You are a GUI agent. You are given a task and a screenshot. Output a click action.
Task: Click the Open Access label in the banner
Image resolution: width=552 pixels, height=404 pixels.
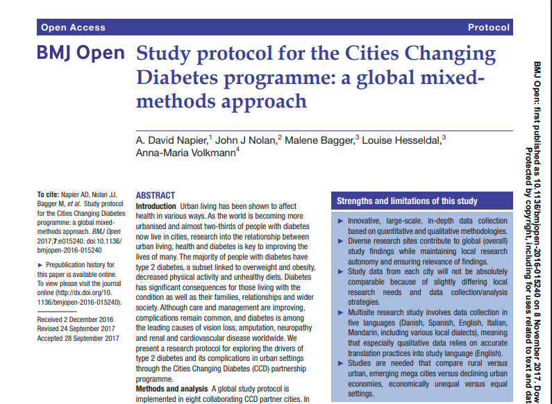point(73,28)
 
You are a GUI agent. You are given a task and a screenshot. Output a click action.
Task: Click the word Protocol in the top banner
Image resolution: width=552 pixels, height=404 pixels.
point(488,28)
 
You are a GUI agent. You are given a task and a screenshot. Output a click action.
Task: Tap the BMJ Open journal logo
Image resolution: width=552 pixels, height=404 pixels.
point(81,53)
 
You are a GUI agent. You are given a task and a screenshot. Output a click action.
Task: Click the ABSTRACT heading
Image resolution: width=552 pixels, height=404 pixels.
point(156,196)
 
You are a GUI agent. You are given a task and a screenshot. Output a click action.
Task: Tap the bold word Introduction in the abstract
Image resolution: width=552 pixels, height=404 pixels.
point(156,208)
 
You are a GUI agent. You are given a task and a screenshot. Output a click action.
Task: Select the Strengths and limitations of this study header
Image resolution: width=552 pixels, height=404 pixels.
point(407,201)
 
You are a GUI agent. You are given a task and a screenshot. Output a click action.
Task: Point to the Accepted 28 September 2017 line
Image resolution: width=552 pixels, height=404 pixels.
point(78,338)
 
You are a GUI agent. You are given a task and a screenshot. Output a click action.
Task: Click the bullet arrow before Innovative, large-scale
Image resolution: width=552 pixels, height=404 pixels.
point(340,221)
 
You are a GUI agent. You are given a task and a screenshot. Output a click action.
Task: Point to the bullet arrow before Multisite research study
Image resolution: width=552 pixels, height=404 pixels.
point(340,313)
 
